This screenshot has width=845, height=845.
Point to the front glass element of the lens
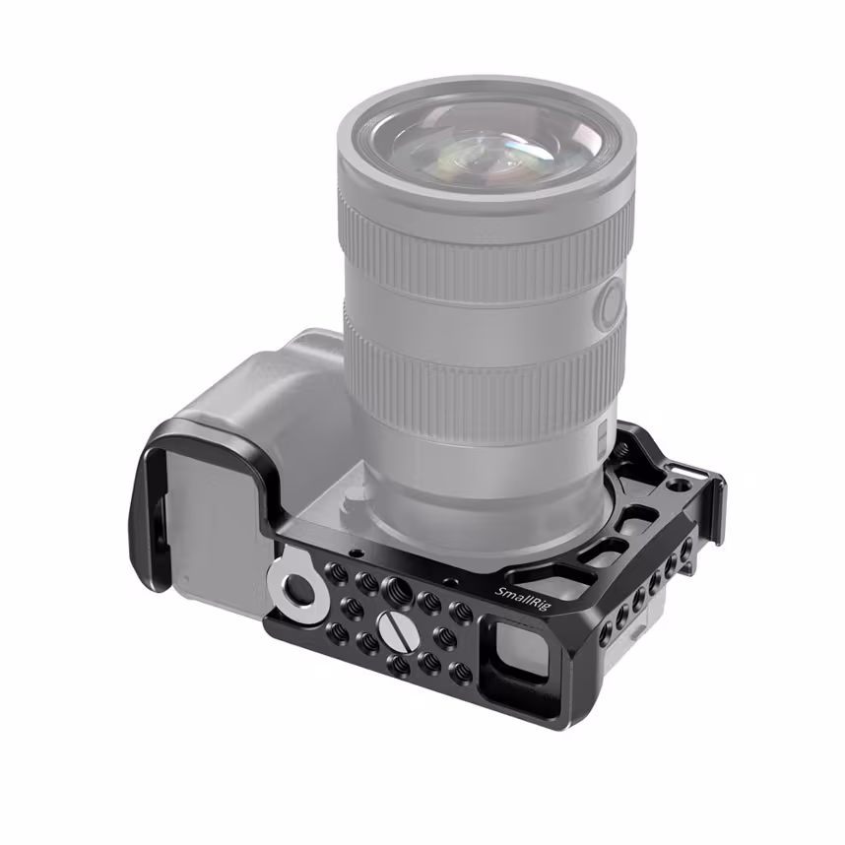[x=483, y=138]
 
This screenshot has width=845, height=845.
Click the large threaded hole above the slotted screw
[x=397, y=589]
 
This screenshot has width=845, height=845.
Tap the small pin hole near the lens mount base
[x=354, y=552]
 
